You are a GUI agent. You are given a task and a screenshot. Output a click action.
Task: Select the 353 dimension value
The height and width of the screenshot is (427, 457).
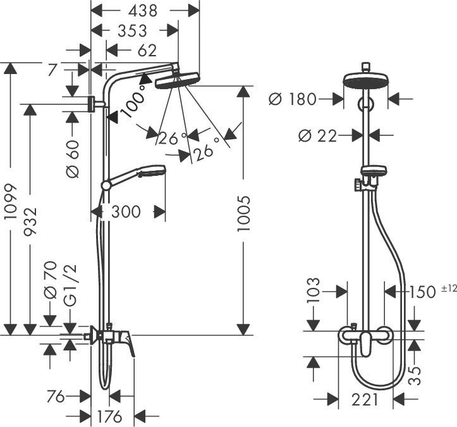tap(132, 30)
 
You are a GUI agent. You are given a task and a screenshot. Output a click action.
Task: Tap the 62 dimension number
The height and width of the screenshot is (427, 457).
tap(143, 49)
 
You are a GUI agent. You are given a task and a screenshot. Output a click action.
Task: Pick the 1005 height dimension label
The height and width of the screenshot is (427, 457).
tap(244, 214)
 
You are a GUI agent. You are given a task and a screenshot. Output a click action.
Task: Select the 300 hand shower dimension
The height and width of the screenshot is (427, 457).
tap(126, 211)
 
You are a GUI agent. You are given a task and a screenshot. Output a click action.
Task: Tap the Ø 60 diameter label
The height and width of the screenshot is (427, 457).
tap(72, 158)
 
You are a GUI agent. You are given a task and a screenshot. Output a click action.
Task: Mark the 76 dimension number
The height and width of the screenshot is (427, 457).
tap(57, 397)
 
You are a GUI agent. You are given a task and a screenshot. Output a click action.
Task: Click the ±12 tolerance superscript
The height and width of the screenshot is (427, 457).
tap(448, 288)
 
